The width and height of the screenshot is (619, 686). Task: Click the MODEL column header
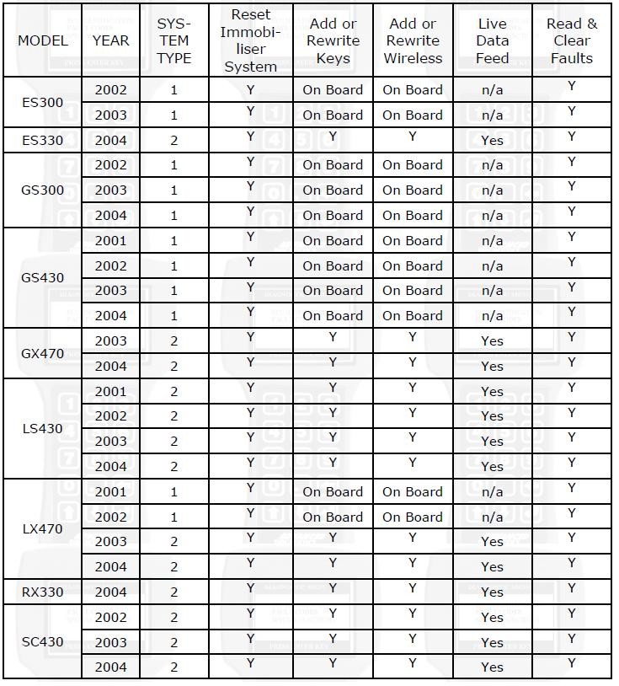pyautogui.click(x=42, y=40)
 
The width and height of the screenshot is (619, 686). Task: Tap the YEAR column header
pyautogui.click(x=110, y=40)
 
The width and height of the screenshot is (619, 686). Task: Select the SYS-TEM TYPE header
pyautogui.click(x=174, y=40)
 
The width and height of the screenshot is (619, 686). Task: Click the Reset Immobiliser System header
pyautogui.click(x=250, y=40)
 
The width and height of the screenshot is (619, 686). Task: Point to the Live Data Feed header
pyautogui.click(x=492, y=40)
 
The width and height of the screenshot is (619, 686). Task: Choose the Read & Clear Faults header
pyautogui.click(x=572, y=40)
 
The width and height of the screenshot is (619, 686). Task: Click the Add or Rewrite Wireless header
pyautogui.click(x=413, y=40)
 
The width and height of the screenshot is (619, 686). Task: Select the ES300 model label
pyautogui.click(x=42, y=102)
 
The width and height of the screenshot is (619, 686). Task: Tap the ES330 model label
pyautogui.click(x=42, y=140)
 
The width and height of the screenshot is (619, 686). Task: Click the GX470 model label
pyautogui.click(x=42, y=353)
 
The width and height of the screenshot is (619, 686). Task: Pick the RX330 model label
pyautogui.click(x=42, y=592)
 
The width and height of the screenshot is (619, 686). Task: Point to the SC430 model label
pyautogui.click(x=42, y=641)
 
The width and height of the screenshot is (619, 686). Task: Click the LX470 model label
pyautogui.click(x=42, y=529)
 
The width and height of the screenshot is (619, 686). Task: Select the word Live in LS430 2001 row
pyautogui.click(x=492, y=391)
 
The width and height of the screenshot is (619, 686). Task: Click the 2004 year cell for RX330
pyautogui.click(x=110, y=592)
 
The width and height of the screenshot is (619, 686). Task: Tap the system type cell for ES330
pyautogui.click(x=174, y=140)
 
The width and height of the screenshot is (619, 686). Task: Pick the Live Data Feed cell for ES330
pyautogui.click(x=492, y=140)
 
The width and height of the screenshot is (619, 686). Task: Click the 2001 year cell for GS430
pyautogui.click(x=110, y=240)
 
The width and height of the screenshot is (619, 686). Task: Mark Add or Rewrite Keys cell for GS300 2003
pyautogui.click(x=333, y=190)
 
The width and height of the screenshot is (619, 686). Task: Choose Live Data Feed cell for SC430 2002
pyautogui.click(x=492, y=617)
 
